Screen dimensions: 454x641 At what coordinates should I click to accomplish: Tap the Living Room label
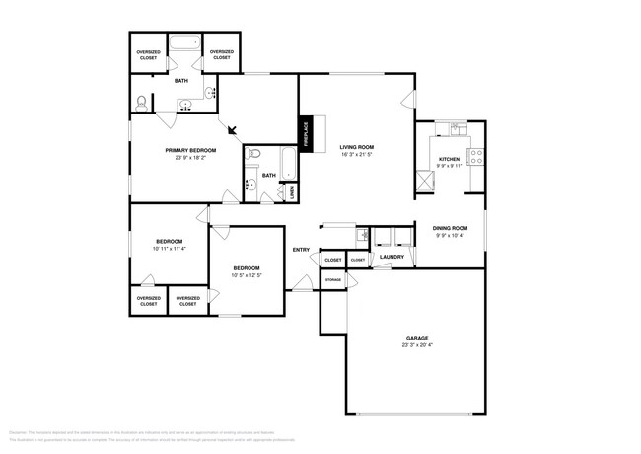tap(357, 147)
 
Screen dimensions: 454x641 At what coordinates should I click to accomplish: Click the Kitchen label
tap(449, 159)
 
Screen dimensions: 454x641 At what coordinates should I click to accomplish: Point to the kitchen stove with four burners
tap(475, 155)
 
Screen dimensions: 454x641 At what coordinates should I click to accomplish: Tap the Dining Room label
tap(452, 228)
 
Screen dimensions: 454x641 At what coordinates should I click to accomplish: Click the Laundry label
tap(392, 258)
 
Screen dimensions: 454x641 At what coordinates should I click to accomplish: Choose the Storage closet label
tap(333, 280)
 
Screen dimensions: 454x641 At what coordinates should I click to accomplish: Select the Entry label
tap(301, 249)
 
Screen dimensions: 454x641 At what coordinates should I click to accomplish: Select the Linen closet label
tap(292, 192)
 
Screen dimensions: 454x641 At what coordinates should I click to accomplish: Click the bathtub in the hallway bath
tap(287, 164)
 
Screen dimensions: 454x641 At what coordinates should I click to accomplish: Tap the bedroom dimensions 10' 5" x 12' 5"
tap(247, 275)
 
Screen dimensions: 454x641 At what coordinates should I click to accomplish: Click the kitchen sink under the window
tap(455, 128)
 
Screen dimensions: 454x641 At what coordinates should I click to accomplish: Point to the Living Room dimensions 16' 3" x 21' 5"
tap(357, 155)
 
